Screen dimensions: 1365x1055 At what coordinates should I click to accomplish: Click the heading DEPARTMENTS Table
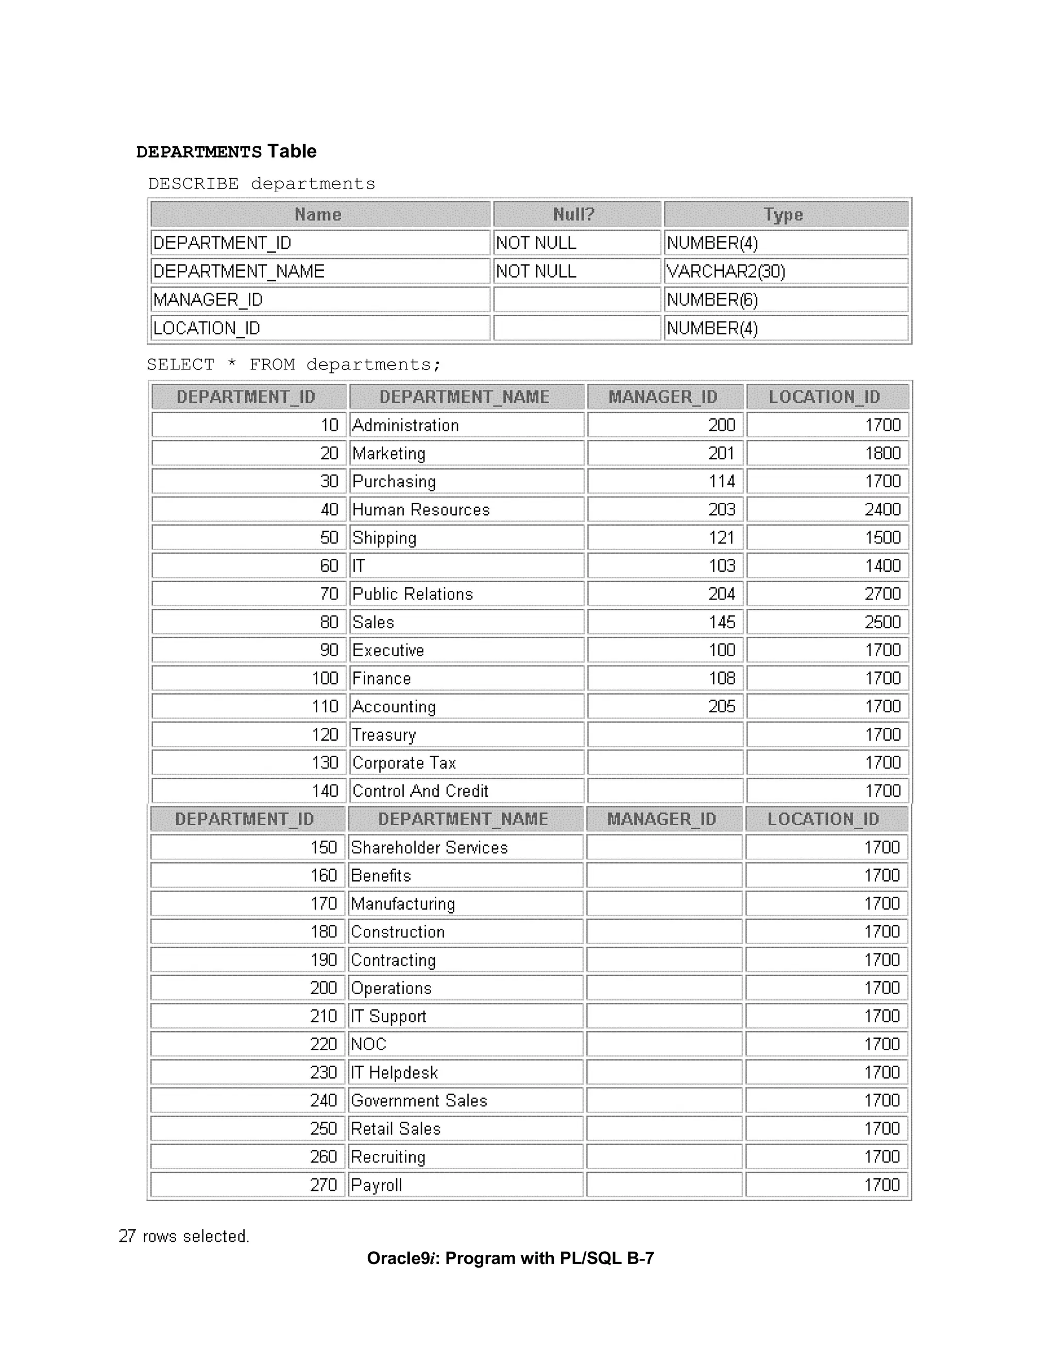(x=226, y=151)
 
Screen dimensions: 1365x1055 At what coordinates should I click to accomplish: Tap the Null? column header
(x=576, y=214)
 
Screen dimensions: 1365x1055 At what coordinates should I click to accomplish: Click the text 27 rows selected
(x=184, y=1236)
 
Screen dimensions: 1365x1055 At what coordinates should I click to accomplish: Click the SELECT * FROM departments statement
(x=294, y=364)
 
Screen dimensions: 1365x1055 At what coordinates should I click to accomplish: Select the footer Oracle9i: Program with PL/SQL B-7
(x=510, y=1258)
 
